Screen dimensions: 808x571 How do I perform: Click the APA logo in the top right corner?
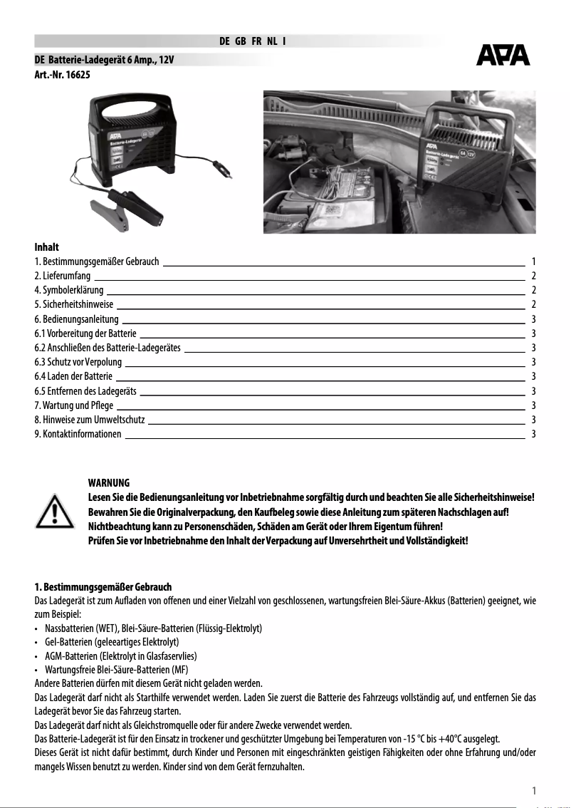coord(503,55)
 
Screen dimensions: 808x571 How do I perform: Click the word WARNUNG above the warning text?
coord(108,483)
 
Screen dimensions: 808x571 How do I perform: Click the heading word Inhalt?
coord(46,247)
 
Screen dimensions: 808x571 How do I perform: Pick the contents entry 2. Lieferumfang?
coord(63,276)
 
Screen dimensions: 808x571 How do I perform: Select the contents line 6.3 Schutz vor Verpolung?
coord(78,362)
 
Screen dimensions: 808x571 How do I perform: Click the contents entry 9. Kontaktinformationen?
coord(78,434)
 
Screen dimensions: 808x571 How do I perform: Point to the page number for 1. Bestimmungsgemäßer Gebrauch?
coord(533,261)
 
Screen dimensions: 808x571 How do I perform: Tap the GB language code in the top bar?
coord(241,41)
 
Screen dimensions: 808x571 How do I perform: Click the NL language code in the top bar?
coord(272,41)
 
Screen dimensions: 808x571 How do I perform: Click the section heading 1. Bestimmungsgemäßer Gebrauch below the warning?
coord(103,587)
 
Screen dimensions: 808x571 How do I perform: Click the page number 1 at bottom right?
coord(533,789)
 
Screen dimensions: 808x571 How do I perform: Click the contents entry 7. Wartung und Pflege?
coord(73,405)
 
